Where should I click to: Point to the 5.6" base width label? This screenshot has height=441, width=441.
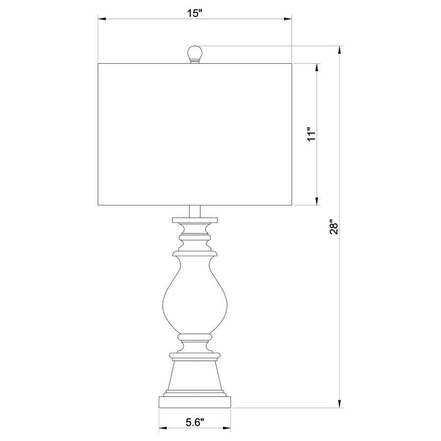point(194,421)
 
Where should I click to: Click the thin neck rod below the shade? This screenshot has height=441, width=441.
point(195,210)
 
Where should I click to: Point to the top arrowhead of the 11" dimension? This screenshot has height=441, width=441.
point(317,65)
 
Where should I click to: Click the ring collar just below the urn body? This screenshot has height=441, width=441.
point(195,337)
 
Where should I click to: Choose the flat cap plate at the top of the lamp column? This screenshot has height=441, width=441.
point(195,219)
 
